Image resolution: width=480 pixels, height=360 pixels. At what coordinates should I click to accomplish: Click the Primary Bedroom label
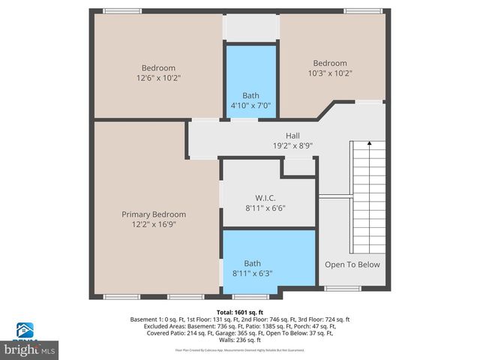(154, 214)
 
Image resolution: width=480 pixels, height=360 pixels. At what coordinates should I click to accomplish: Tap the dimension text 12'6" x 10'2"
(158, 77)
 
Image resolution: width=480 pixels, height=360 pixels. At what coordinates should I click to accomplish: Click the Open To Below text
(352, 264)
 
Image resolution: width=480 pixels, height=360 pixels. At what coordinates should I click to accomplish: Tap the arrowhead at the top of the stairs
(368, 142)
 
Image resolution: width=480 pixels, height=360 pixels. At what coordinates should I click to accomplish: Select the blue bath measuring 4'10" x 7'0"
(251, 81)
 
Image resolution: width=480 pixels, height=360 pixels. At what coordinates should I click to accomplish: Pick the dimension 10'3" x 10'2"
(330, 73)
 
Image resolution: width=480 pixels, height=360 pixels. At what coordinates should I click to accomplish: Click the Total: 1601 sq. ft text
(240, 311)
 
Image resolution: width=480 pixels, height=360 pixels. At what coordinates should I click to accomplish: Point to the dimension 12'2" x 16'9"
(154, 224)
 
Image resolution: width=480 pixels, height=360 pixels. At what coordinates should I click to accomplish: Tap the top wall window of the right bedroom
(361, 11)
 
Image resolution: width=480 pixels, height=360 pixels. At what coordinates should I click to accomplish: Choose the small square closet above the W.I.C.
(298, 168)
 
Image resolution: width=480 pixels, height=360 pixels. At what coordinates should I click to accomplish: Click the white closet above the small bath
(251, 28)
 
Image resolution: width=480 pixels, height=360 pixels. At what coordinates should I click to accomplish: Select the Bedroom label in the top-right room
(330, 63)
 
